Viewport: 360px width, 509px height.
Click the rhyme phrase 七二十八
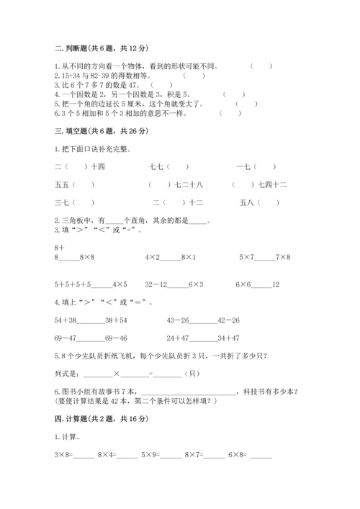189,186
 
